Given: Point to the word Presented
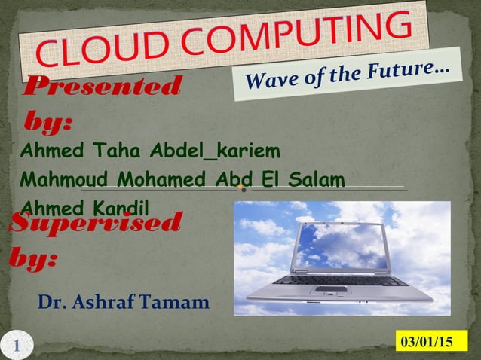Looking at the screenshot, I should [103, 87].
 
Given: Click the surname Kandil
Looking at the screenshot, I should [121, 206].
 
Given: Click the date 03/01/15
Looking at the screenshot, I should [427, 342].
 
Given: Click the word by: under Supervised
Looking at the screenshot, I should [35, 259].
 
